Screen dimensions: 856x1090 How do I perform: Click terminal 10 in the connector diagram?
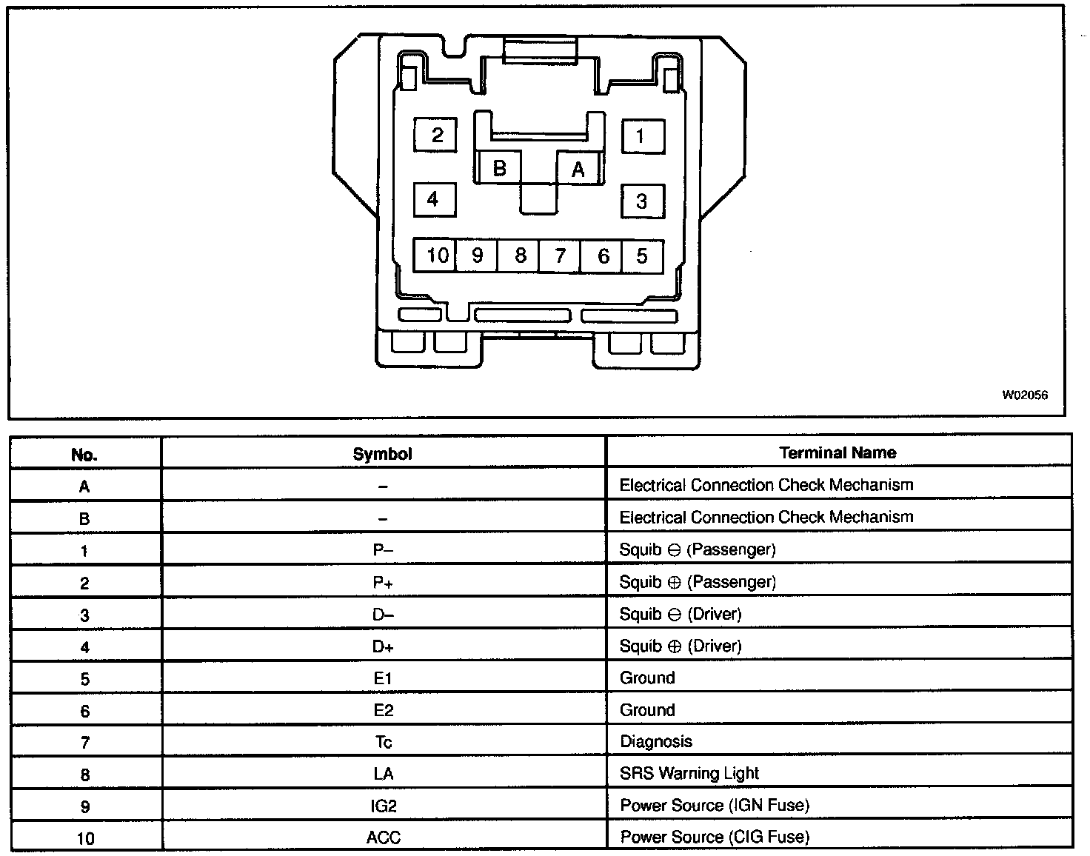point(435,255)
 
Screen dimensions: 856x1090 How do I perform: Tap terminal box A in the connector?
point(578,169)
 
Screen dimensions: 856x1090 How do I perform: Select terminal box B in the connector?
point(500,168)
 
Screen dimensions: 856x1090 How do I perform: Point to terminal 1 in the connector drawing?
point(641,136)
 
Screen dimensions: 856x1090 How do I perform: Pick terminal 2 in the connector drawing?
point(435,135)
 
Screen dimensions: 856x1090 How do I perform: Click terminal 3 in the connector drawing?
point(641,201)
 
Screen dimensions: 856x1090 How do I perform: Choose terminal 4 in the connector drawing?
point(434,199)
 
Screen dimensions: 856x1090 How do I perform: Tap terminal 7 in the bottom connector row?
point(561,255)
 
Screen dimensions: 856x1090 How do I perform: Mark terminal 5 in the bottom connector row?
point(642,255)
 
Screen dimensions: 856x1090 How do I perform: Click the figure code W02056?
point(1025,395)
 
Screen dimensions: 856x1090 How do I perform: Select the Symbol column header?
point(383,454)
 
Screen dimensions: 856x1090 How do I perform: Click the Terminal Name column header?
point(837,452)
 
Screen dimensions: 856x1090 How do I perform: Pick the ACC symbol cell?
point(383,837)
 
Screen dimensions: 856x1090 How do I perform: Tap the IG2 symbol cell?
point(383,806)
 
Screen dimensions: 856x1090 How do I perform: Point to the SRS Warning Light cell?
point(689,773)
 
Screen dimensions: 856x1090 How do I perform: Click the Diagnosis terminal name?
point(656,741)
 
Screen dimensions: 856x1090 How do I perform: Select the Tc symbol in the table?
point(383,742)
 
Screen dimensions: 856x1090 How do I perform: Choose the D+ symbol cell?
point(383,646)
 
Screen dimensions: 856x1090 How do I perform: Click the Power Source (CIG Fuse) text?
point(715,837)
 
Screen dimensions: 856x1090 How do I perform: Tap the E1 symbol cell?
point(383,678)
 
